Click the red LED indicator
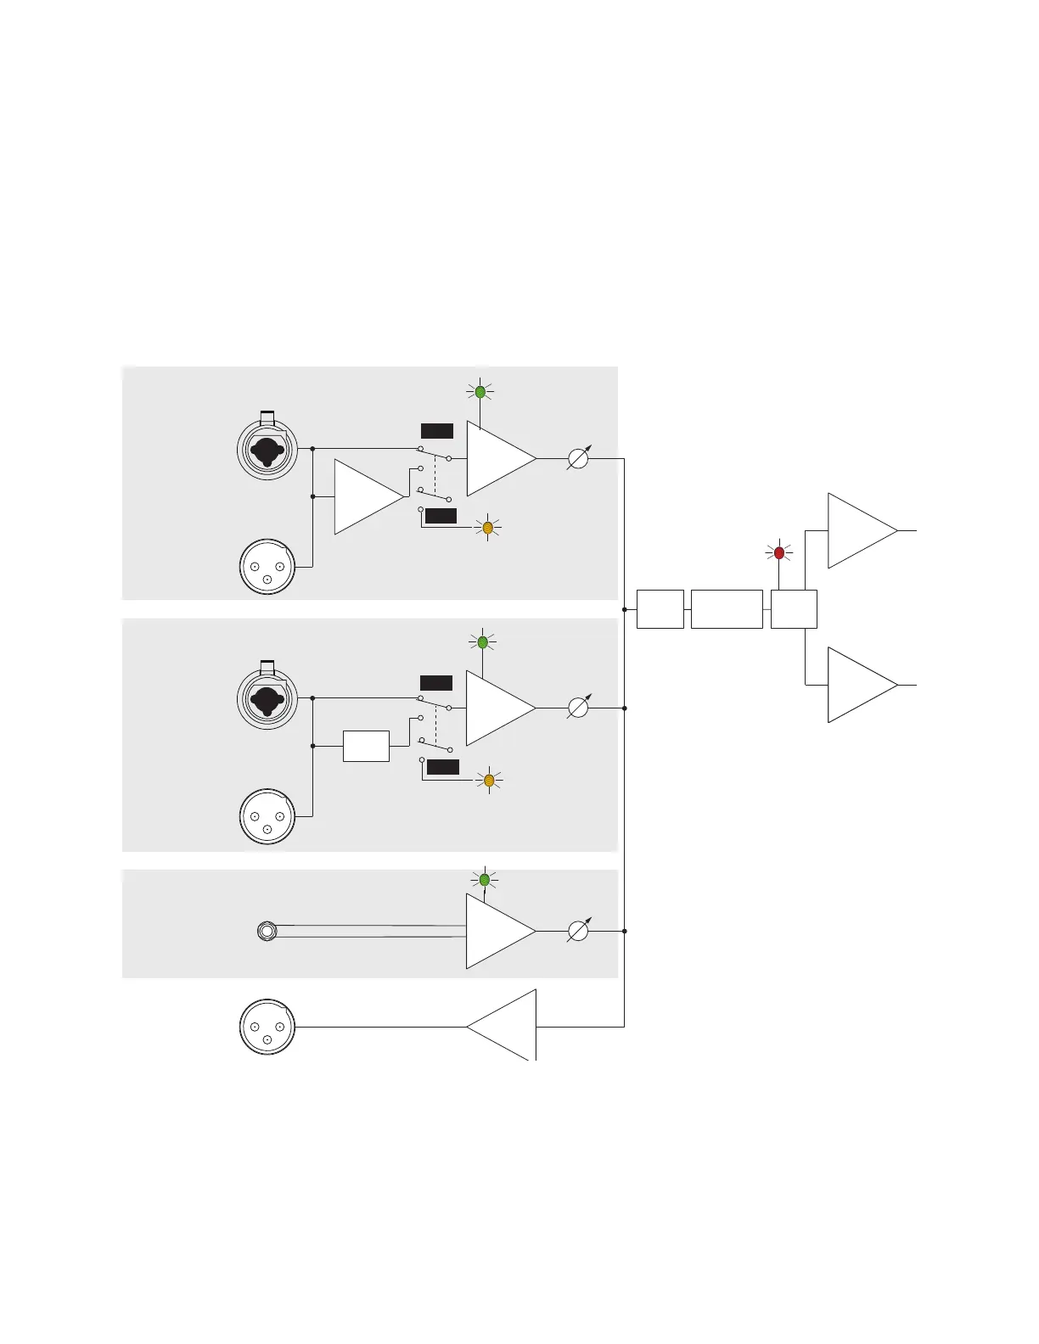(779, 553)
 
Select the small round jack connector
(267, 932)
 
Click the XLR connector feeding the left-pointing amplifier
(267, 1027)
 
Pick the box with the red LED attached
(794, 609)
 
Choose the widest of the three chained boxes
(727, 609)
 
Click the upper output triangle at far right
(859, 530)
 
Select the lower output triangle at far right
(859, 685)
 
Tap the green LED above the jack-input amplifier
(485, 880)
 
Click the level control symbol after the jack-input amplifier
(577, 931)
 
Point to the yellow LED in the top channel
(488, 528)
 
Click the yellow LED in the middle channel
(489, 780)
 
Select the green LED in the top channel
(480, 392)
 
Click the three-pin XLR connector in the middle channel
(267, 817)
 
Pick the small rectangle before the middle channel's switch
(366, 746)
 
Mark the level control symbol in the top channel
(577, 458)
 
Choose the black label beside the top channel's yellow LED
(441, 516)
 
